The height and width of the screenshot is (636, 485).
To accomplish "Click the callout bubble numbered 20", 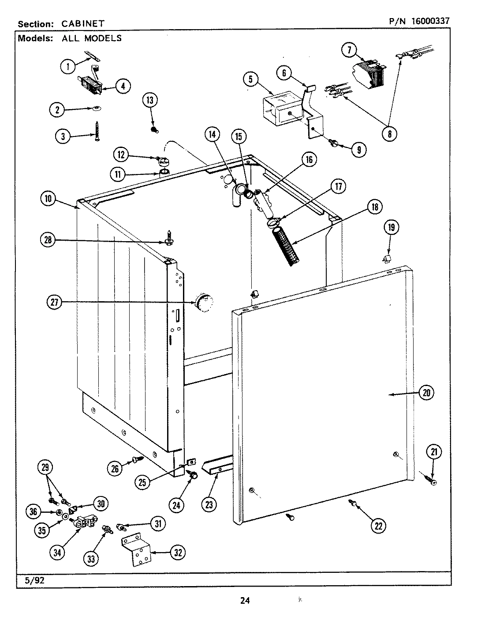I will pyautogui.click(x=426, y=393).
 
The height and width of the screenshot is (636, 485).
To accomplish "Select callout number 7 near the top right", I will pyautogui.click(x=349, y=50).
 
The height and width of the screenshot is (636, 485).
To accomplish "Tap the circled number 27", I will pyautogui.click(x=54, y=303).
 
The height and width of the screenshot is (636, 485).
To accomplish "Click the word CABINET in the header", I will pyautogui.click(x=83, y=24).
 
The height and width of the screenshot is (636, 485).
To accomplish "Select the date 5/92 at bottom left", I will pyautogui.click(x=29, y=580).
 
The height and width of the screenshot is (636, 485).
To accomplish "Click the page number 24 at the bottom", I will pyautogui.click(x=245, y=600).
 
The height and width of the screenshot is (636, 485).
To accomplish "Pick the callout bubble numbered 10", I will pyautogui.click(x=48, y=199).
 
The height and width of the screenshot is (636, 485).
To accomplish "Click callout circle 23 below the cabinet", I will pyautogui.click(x=208, y=504).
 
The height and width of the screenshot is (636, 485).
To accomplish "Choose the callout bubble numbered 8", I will pyautogui.click(x=389, y=133).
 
